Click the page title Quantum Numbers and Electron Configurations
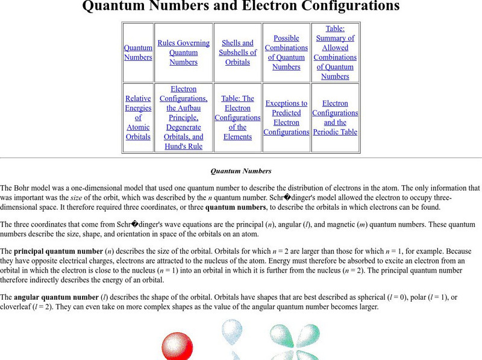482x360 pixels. [x=240, y=7]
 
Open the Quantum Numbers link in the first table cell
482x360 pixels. [x=138, y=52]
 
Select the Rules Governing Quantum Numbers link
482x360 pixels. [x=183, y=52]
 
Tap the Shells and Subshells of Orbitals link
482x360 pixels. [x=237, y=52]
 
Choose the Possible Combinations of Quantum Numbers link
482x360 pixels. [x=286, y=52]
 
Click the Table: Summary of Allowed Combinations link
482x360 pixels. [x=335, y=52]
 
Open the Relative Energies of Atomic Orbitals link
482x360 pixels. [x=138, y=118]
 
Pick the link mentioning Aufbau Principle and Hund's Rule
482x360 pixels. [x=183, y=118]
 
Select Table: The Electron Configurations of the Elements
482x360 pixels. [x=237, y=118]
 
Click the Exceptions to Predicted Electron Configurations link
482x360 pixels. [x=286, y=118]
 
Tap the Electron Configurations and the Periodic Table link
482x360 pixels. [x=335, y=118]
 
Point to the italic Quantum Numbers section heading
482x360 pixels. [x=240, y=171]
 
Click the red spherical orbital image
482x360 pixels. [x=177, y=347]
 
